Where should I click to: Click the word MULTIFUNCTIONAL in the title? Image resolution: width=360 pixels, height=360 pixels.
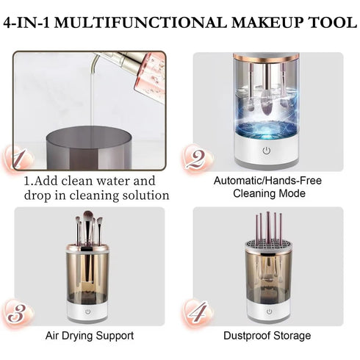pyautogui.click(x=150, y=23)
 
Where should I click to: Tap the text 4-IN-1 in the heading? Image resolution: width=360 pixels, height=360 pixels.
pyautogui.click(x=33, y=23)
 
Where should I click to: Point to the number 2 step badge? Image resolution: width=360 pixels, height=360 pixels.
pyautogui.click(x=194, y=157)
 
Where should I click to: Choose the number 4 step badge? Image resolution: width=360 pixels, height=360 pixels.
pyautogui.click(x=194, y=312)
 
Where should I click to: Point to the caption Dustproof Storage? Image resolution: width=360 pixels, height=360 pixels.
pyautogui.click(x=267, y=336)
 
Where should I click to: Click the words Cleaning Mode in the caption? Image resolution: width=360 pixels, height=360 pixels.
pyautogui.click(x=267, y=193)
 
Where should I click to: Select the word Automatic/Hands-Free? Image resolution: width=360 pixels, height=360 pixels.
pyautogui.click(x=267, y=181)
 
